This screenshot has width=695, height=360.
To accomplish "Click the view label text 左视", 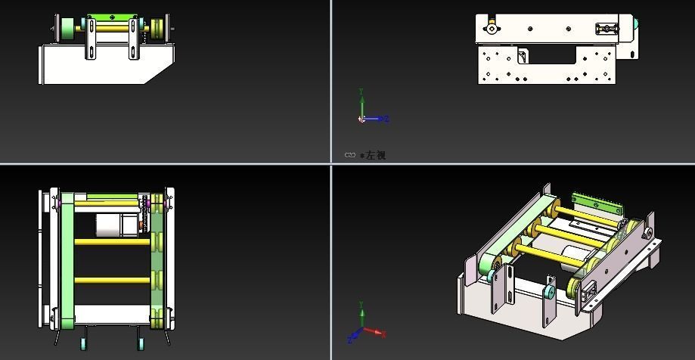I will pyautogui.click(x=376, y=155).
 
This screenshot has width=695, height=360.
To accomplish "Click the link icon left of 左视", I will pyautogui.click(x=350, y=155).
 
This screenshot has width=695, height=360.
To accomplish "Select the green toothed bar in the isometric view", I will pyautogui.click(x=596, y=203).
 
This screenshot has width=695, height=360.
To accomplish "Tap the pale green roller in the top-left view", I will pyautogui.click(x=67, y=29).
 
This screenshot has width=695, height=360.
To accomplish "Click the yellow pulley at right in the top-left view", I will pyautogui.click(x=157, y=29).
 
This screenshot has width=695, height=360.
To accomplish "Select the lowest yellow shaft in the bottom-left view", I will pyautogui.click(x=112, y=280).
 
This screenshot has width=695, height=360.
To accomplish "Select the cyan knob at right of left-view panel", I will pyautogui.click(x=636, y=26).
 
